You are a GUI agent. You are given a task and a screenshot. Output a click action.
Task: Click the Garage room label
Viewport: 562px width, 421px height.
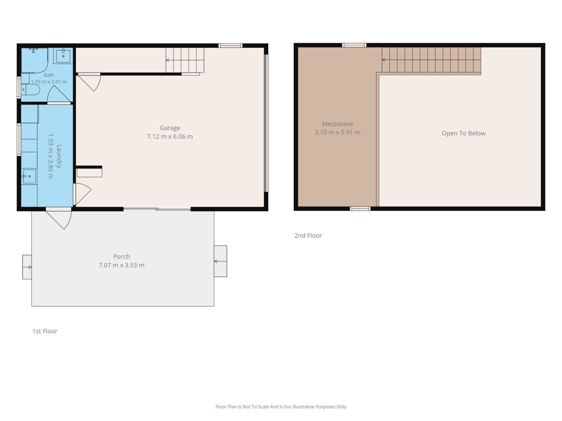tap(170, 128)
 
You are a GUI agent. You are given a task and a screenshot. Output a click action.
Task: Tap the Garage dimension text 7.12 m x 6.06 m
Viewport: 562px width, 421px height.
tap(170, 136)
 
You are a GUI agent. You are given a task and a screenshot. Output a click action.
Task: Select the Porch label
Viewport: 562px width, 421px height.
tap(122, 256)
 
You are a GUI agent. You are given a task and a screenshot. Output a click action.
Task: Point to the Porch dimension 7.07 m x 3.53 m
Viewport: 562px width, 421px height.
tap(122, 265)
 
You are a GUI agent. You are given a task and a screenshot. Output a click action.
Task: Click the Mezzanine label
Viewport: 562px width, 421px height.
tap(337, 124)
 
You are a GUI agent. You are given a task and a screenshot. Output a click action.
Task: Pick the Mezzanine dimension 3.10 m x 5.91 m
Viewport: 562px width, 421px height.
tap(337, 132)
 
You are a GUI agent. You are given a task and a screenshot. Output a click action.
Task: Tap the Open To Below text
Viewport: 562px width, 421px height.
tap(463, 133)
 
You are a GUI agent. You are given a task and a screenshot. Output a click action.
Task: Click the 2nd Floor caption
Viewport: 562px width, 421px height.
tap(308, 235)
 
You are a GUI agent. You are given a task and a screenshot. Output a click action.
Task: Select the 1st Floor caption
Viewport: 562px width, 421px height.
tap(45, 331)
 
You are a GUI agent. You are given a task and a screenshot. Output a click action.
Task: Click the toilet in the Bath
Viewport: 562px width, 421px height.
tap(31, 90)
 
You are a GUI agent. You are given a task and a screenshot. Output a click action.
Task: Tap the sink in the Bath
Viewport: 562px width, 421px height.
tap(63, 56)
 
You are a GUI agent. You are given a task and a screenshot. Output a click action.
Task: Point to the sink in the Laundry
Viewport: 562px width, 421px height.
tap(30, 176)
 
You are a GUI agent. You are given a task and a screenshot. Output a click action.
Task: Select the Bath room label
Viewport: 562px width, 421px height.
tap(48, 75)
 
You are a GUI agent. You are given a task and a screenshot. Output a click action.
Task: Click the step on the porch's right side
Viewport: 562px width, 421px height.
tap(221, 261)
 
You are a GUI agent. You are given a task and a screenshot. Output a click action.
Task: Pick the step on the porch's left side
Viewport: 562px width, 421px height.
tap(27, 267)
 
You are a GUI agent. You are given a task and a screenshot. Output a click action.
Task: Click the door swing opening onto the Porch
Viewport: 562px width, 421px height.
tap(59, 219)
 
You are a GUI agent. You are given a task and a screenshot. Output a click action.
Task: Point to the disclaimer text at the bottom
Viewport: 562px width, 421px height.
tap(281, 407)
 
